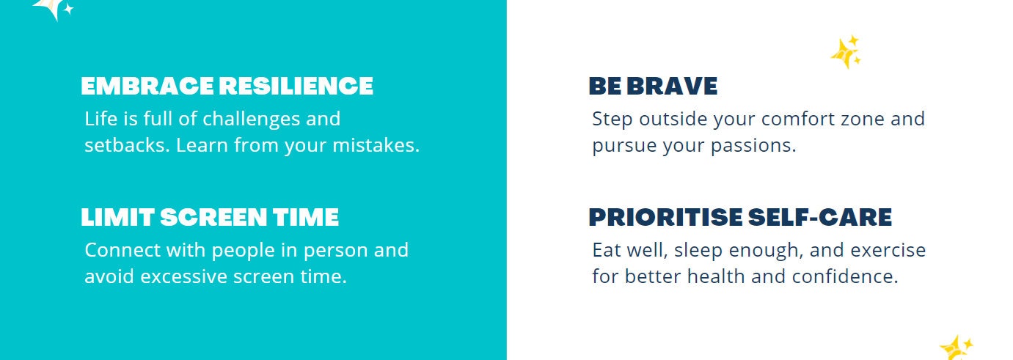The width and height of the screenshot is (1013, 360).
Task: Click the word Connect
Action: click(x=122, y=250)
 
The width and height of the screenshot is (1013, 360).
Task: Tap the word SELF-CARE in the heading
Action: click(x=820, y=218)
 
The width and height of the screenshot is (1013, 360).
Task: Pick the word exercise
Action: click(x=888, y=250)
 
